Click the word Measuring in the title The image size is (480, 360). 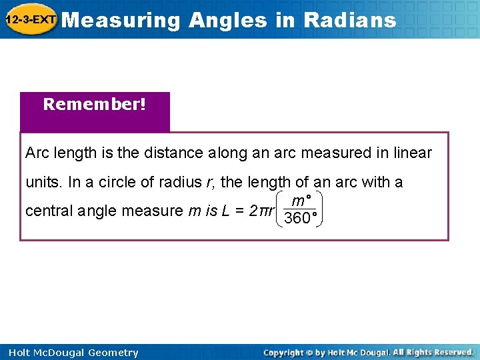point(124,20)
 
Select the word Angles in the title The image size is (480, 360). point(227,20)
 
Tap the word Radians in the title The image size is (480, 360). point(349,20)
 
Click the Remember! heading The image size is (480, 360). point(95,105)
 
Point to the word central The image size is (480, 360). point(49,211)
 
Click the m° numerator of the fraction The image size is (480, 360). point(301,200)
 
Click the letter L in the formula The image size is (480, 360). point(227,211)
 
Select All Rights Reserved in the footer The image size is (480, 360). point(433,352)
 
